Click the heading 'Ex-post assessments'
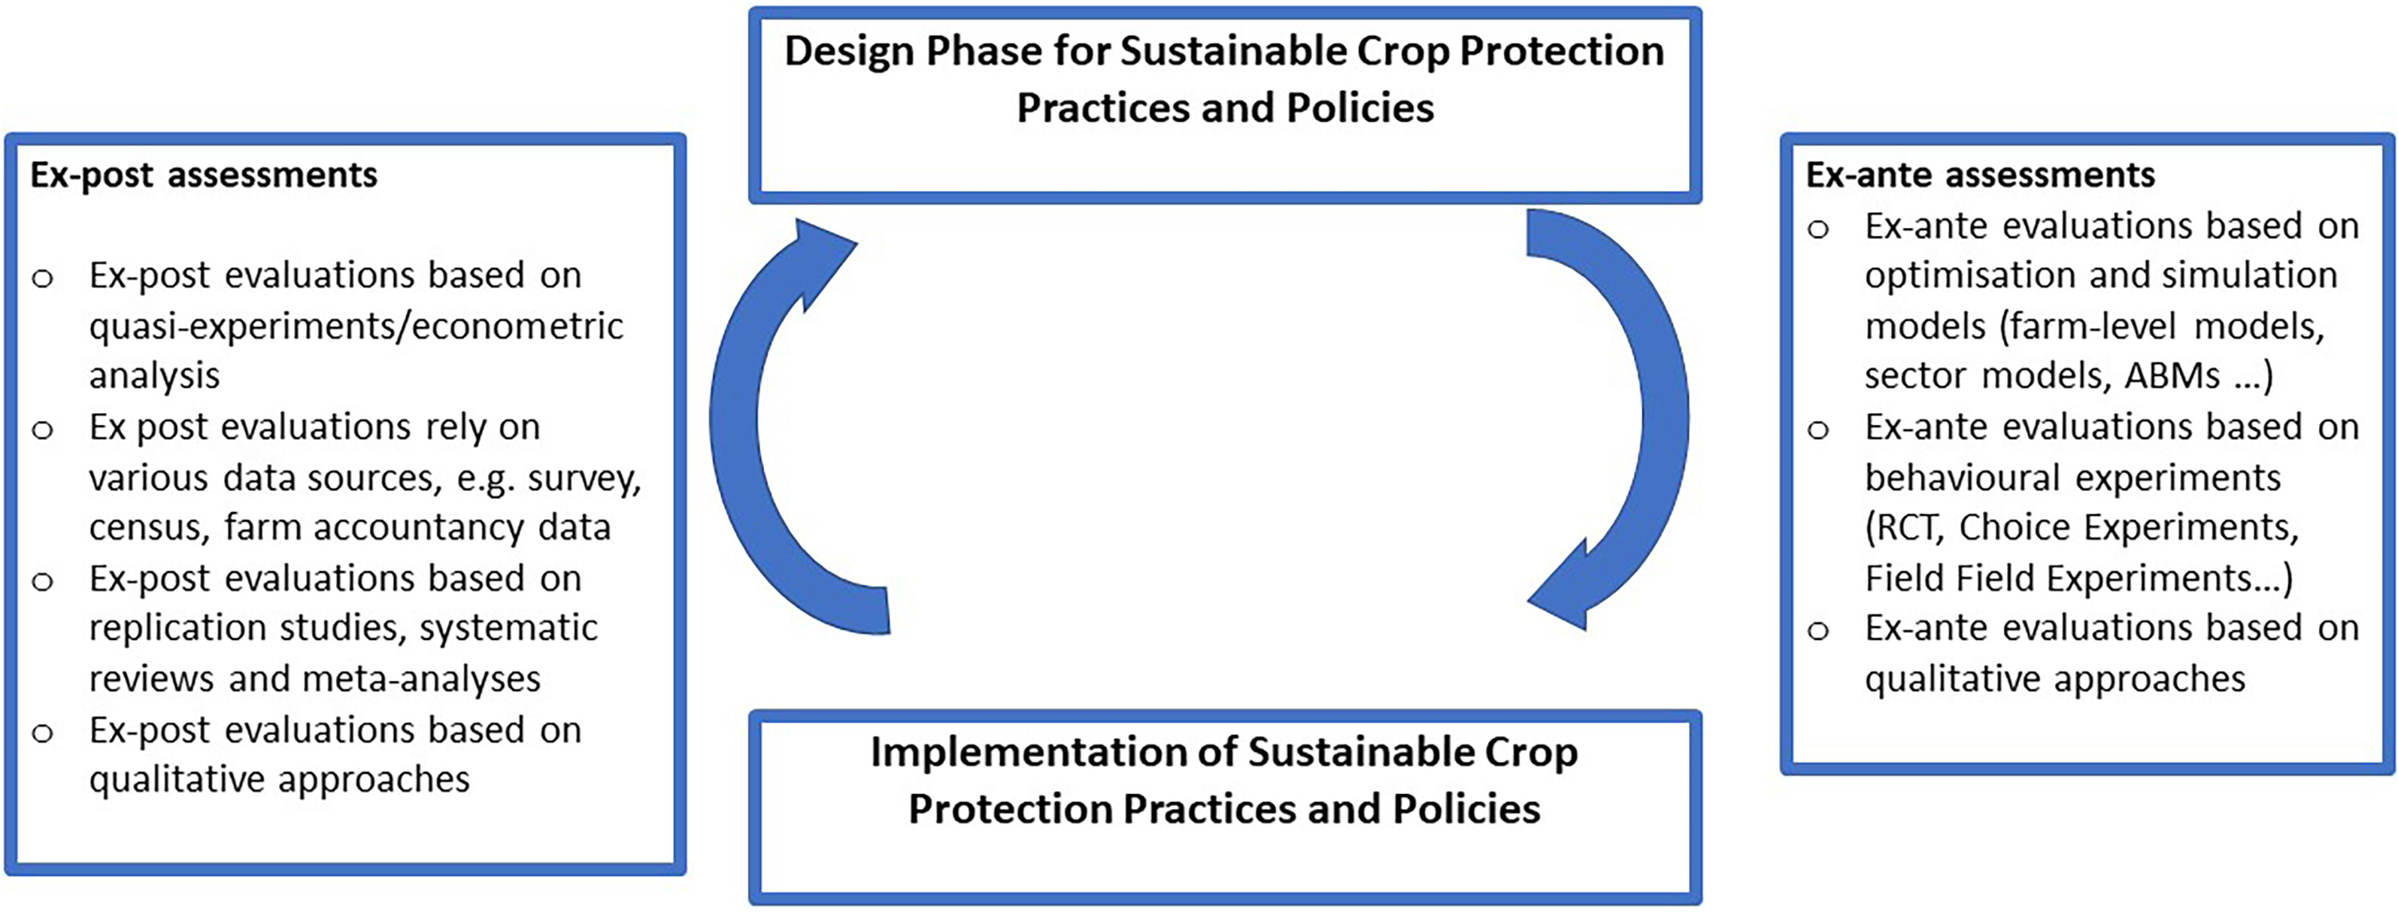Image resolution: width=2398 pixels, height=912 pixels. tap(204, 175)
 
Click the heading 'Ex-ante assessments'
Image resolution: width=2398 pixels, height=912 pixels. tap(1980, 175)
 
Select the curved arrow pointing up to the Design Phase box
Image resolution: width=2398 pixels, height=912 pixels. tap(744, 419)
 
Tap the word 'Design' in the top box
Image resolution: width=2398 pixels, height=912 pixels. tap(848, 52)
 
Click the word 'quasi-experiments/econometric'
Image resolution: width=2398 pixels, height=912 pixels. tap(356, 326)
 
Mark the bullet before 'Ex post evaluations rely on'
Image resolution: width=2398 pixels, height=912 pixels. tap(43, 430)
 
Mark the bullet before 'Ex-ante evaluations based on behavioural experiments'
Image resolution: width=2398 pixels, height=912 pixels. tap(1819, 430)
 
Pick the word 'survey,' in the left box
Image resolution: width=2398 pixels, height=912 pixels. tap(584, 478)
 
